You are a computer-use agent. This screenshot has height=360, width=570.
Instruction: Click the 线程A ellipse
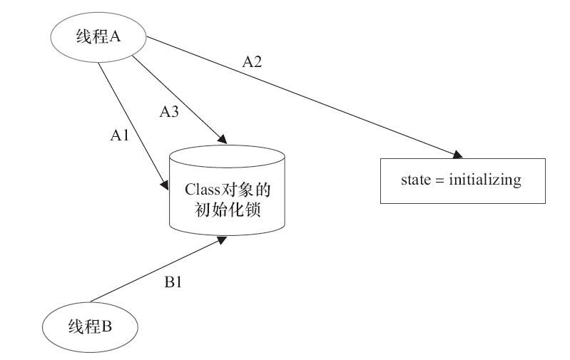[98, 37]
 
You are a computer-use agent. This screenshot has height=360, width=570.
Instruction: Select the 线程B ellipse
[90, 327]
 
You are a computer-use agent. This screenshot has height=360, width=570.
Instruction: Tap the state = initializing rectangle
[463, 180]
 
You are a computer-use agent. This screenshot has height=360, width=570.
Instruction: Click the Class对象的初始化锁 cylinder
[227, 190]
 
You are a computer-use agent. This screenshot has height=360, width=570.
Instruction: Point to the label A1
[120, 135]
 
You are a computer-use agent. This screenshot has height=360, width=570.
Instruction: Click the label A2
[252, 62]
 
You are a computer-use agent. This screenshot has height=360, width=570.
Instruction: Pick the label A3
[169, 111]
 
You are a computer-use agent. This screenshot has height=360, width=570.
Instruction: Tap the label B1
[173, 282]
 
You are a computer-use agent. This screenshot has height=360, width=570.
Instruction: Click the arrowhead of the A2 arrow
[458, 155]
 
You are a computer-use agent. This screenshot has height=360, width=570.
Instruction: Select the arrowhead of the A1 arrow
[164, 185]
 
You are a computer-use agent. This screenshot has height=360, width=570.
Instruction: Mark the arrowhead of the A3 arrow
[223, 139]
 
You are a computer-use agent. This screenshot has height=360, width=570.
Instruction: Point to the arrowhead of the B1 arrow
[221, 240]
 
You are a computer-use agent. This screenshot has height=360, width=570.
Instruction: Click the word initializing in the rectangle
[485, 180]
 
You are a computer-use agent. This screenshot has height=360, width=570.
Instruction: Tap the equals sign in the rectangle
[440, 180]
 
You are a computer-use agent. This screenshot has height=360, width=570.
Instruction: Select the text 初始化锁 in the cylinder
[228, 210]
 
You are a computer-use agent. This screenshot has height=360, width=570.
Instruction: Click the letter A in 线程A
[115, 36]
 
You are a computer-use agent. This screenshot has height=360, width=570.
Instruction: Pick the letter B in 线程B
[106, 326]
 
